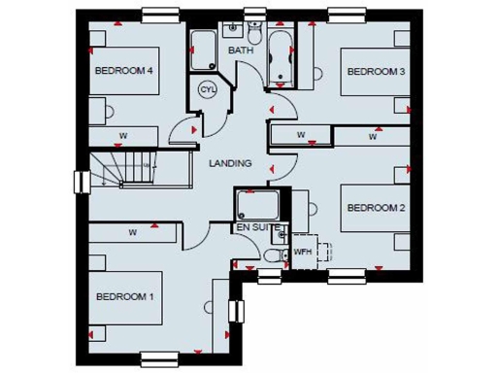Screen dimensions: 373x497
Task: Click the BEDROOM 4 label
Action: [124, 71]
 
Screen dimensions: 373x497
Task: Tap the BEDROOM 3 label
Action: [376, 71]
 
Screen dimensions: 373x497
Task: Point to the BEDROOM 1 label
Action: [124, 296]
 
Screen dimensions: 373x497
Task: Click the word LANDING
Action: [230, 163]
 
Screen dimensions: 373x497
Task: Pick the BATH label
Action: [240, 50]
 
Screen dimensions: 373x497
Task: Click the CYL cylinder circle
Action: [208, 89]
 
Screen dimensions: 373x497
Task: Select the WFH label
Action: [303, 252]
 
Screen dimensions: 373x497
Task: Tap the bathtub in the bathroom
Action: [282, 54]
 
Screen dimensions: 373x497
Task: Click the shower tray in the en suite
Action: [257, 204]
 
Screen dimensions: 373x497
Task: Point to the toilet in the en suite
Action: [272, 255]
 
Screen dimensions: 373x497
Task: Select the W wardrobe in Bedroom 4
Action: [124, 135]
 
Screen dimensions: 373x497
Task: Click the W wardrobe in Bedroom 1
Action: [131, 233]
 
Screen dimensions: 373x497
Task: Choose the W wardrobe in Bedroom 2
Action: [372, 137]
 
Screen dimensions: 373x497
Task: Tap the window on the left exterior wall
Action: [79, 182]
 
